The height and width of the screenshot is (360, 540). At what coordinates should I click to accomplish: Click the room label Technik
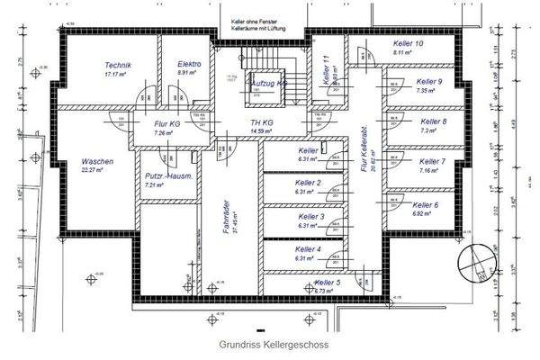[x=118, y=66]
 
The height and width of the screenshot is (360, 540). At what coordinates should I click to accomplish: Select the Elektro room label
[x=189, y=65]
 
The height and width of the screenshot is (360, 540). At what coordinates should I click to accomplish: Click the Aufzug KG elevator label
[x=267, y=81]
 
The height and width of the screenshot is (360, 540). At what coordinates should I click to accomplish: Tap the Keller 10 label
[x=408, y=44]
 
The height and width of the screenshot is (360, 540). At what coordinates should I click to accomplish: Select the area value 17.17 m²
[x=118, y=75]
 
